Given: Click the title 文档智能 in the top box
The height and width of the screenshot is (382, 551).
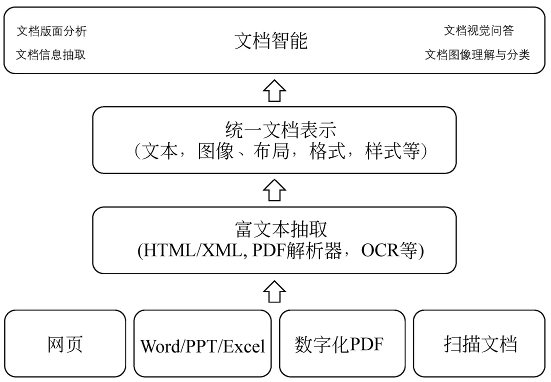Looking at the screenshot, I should (x=271, y=41).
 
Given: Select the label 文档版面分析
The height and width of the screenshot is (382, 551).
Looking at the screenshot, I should (x=51, y=31).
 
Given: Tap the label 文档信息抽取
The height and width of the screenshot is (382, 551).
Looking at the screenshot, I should (x=51, y=55).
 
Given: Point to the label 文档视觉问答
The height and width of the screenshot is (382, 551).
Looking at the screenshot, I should (x=478, y=31).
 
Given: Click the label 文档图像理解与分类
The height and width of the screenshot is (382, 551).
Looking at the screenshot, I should (x=477, y=55).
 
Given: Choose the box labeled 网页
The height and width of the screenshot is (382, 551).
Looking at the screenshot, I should (x=65, y=344).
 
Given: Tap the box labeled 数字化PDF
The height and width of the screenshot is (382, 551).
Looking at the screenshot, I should (x=341, y=344).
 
